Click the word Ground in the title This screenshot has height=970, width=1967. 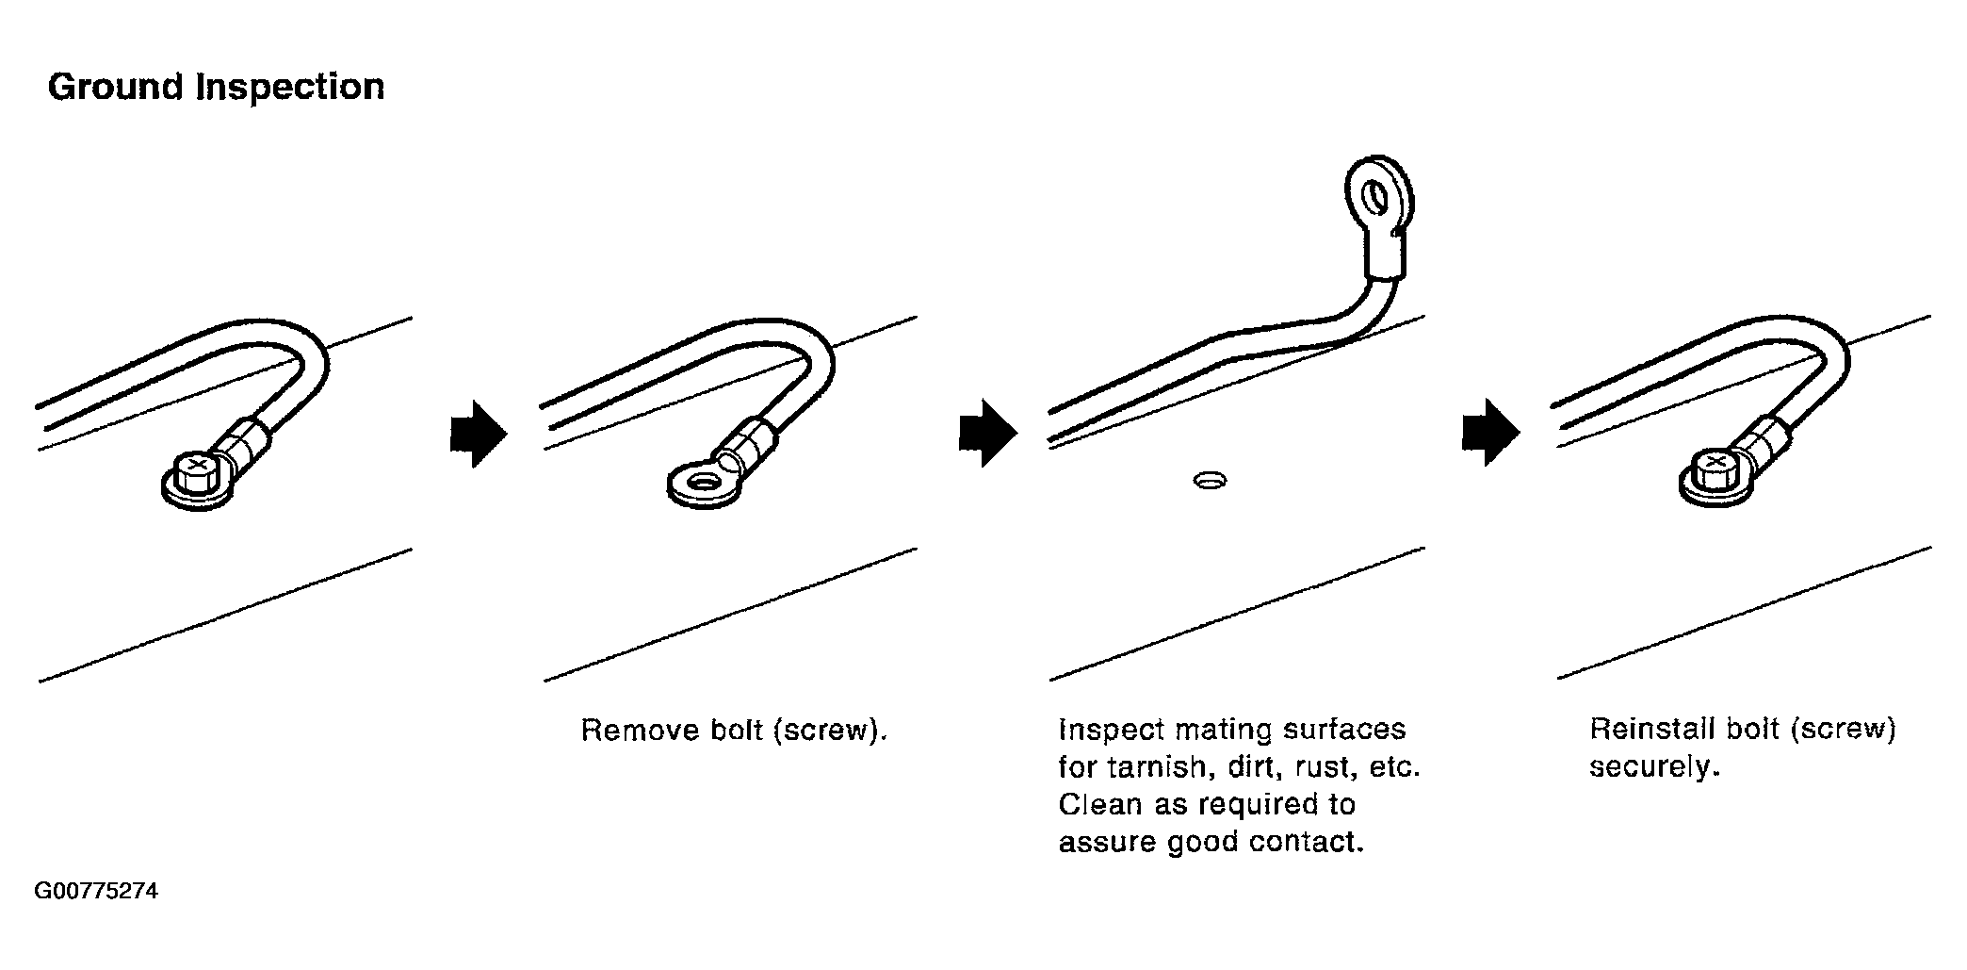tap(115, 88)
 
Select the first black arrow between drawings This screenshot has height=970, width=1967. tap(479, 434)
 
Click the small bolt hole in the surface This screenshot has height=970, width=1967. tap(1209, 482)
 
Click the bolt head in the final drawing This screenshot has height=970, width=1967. tap(1714, 470)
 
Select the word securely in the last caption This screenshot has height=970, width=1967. tap(1653, 767)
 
